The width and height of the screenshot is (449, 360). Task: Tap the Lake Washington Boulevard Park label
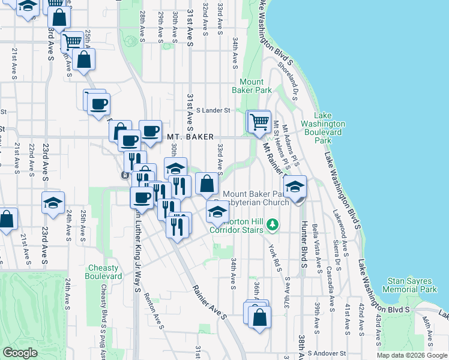331,128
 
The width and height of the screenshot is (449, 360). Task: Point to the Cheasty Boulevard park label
104,272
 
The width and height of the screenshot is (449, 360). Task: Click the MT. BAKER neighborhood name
190,137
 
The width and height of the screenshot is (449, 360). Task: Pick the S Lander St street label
212,110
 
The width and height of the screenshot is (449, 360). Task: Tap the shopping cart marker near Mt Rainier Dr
259,122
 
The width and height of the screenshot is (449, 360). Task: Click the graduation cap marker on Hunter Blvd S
295,187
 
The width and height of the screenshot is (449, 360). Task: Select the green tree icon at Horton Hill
273,224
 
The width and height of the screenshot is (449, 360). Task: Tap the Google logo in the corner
20,353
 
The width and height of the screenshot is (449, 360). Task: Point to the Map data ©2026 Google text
412,355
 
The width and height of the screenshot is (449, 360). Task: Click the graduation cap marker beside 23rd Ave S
53,203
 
